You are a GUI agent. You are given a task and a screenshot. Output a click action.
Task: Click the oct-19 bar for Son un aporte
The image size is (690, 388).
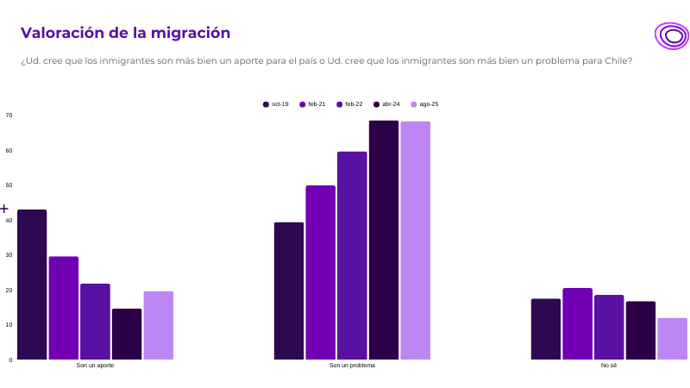32,285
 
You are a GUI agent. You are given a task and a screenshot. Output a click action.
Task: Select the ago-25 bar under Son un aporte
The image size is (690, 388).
159,325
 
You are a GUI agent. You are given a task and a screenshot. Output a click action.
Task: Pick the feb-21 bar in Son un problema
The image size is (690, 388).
320,272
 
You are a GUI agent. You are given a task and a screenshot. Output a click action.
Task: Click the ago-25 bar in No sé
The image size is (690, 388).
672,339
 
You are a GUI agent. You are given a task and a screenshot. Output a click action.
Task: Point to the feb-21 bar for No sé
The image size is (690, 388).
577,323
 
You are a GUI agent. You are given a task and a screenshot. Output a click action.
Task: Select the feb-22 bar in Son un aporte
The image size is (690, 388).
95,322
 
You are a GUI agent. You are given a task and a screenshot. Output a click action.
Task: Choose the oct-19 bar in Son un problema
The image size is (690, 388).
289,291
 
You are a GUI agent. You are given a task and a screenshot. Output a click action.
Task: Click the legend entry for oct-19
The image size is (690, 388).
276,104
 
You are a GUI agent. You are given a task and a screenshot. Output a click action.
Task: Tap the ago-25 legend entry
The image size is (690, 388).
424,104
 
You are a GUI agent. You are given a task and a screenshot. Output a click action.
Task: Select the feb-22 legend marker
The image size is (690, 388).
340,104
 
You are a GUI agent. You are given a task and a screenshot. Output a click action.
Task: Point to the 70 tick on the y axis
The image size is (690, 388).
9,116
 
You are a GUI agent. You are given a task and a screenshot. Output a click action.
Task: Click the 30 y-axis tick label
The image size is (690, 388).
9,255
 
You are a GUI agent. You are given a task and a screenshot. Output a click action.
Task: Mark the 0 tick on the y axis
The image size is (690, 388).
10,360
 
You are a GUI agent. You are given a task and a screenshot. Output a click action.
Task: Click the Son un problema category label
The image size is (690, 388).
352,366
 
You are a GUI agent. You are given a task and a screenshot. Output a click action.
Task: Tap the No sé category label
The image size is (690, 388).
609,366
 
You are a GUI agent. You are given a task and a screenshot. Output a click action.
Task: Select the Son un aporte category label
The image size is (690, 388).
95,366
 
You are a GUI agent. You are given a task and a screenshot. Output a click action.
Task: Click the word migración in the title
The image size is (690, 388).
190,33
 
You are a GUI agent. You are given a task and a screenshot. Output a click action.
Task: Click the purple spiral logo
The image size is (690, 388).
671,36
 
